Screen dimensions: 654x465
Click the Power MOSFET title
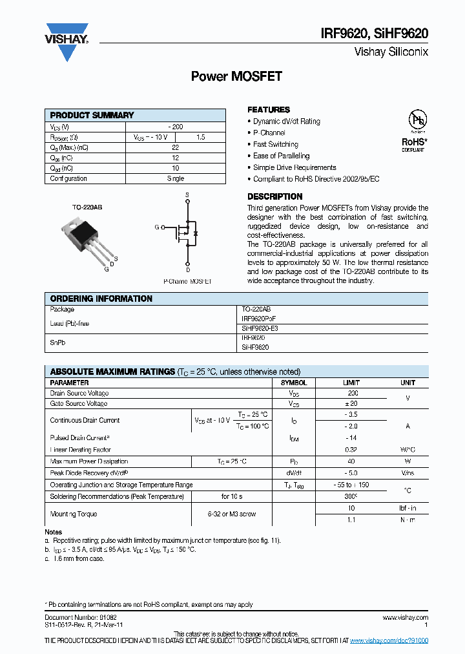point(236,77)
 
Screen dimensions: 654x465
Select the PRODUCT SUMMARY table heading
point(92,115)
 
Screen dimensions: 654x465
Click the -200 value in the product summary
point(175,127)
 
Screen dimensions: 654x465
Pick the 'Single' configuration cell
point(175,178)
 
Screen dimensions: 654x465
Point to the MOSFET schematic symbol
point(187,231)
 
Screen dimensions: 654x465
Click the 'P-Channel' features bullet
point(269,132)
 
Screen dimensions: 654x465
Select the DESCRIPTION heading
point(274,196)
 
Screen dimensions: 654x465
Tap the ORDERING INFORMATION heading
point(101,299)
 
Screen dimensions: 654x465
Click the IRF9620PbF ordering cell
point(263,319)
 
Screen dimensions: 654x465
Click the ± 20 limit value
point(353,403)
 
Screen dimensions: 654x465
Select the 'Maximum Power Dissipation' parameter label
point(89,461)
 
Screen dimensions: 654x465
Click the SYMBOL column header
point(294,383)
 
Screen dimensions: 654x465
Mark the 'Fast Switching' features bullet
point(275,144)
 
